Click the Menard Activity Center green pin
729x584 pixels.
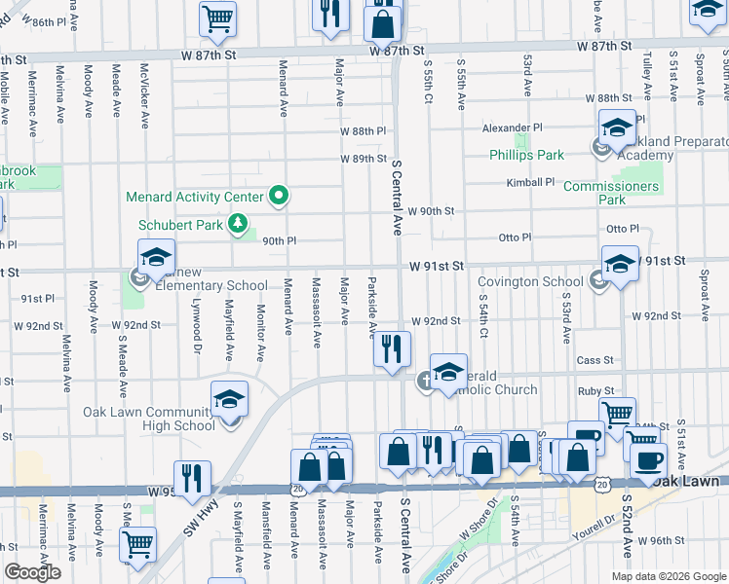279,197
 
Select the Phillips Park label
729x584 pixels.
527,155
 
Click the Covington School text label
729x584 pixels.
530,281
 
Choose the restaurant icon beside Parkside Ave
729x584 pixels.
392,349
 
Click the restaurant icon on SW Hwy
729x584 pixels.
192,478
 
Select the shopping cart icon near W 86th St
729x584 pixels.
217,18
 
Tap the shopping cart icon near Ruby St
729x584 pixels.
617,415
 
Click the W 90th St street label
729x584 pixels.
434,211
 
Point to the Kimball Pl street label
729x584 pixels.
529,182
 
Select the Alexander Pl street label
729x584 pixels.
512,128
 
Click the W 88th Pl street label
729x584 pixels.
363,131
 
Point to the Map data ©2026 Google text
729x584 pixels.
668,576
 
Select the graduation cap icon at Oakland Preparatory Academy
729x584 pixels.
616,128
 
